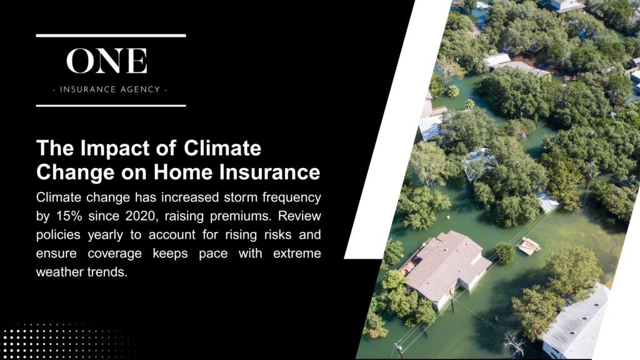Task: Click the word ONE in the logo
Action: [107, 61]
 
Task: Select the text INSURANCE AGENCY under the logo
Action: [111, 89]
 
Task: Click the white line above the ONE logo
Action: [111, 36]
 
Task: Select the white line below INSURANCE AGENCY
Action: [111, 106]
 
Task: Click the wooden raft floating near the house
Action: [529, 245]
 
